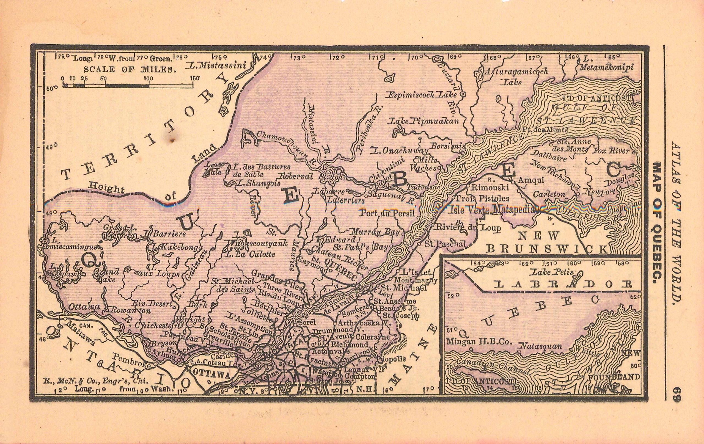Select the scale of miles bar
pos(128,85)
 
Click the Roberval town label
pos(296,177)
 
